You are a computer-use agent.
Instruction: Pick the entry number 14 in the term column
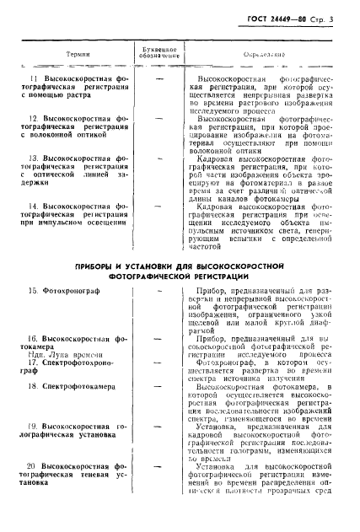click(x=33, y=206)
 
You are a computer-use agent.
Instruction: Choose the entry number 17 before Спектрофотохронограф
click(x=32, y=367)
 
